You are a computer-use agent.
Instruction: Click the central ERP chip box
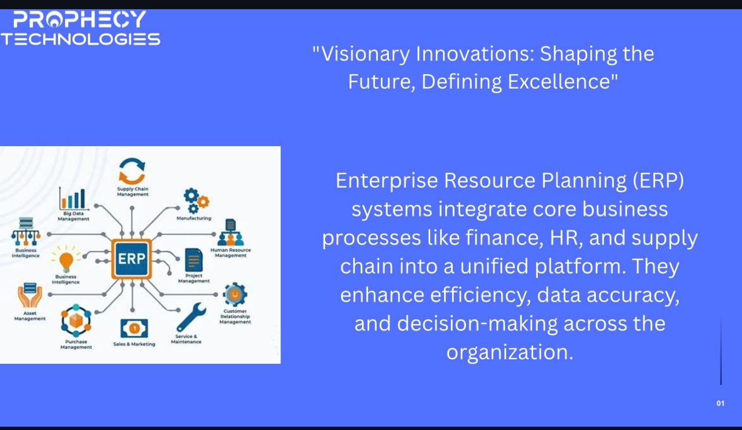point(132,258)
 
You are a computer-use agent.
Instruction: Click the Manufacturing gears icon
point(196,201)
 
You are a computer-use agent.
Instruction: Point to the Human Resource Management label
point(231,253)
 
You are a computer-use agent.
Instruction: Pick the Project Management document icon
point(194,260)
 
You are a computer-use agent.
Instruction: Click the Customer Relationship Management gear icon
point(235,294)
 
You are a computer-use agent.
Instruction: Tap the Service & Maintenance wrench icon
point(191,317)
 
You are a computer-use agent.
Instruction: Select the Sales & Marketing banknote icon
point(134,329)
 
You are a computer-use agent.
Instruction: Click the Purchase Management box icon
point(76,320)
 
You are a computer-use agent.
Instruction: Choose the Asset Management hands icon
point(30,295)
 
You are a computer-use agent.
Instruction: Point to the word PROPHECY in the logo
point(79,19)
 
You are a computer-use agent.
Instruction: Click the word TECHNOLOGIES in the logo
point(81,39)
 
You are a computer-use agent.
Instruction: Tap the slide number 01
point(721,403)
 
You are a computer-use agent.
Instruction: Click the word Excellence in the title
point(559,82)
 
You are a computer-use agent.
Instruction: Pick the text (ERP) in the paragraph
point(658,181)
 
